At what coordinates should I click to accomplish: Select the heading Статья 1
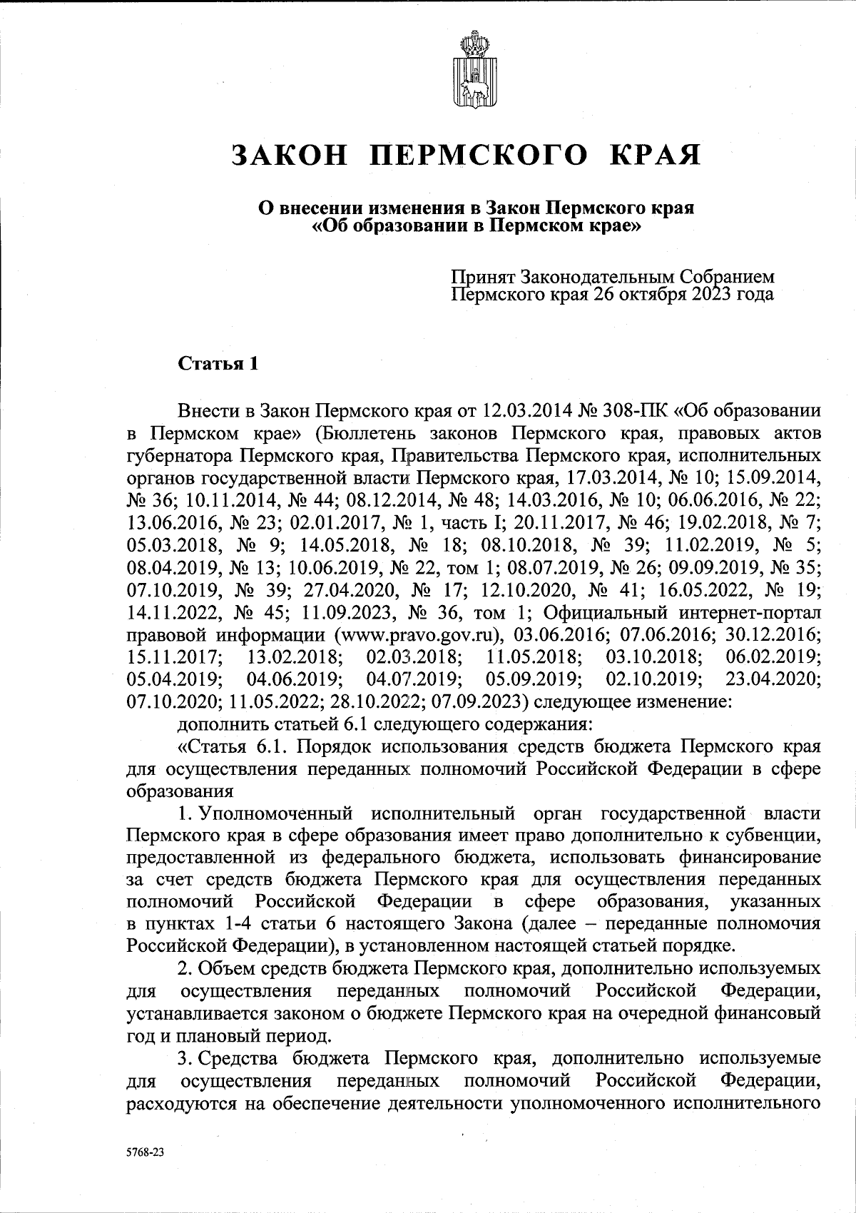coord(217,363)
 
